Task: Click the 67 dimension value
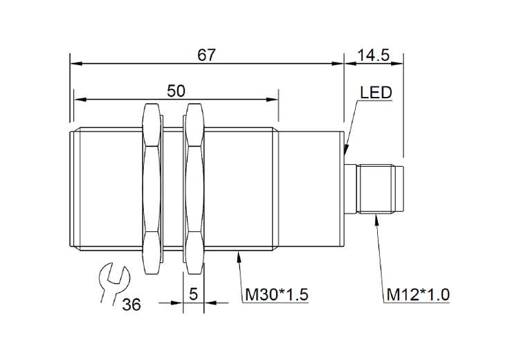(206, 55)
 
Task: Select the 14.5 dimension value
(374, 55)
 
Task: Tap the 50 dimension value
(176, 91)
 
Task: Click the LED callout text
(376, 92)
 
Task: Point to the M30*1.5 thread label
(276, 294)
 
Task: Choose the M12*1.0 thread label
(418, 294)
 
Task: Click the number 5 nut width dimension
(193, 294)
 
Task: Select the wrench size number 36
(131, 305)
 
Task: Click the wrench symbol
(113, 282)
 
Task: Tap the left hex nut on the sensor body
(152, 189)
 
